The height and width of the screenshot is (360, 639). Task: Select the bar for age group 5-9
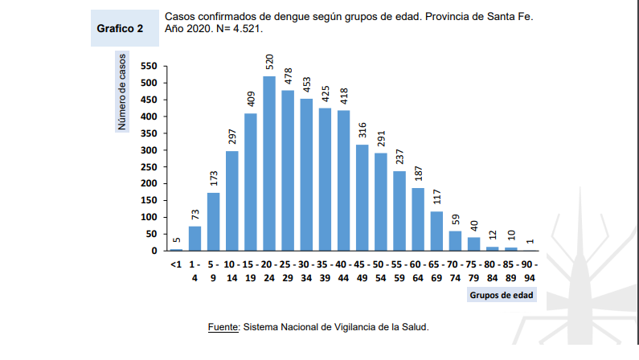tap(214, 221)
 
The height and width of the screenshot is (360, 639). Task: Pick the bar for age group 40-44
tap(344, 180)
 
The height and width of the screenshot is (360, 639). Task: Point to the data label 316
tap(363, 130)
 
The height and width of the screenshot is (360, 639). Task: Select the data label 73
tap(195, 215)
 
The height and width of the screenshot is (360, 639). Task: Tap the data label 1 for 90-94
tap(530, 240)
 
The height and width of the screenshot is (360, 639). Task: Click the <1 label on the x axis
tap(176, 264)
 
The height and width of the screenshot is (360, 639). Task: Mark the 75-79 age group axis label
tap(473, 272)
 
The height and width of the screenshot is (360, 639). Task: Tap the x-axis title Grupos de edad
tap(502, 296)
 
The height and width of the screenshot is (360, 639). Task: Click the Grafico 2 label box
tap(120, 28)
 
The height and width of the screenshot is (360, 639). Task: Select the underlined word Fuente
tap(223, 327)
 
